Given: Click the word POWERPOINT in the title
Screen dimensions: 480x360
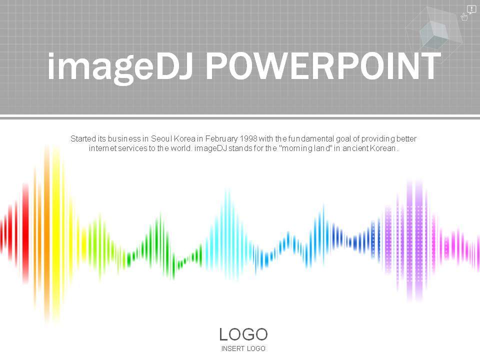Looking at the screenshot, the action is tap(323, 65).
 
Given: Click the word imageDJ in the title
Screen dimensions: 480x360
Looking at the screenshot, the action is tap(120, 68).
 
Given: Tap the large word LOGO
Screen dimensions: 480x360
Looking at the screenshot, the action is tap(243, 334).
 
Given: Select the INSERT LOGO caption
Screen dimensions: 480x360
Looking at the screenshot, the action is tap(243, 348).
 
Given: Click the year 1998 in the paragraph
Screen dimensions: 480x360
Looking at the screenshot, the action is tap(248, 138).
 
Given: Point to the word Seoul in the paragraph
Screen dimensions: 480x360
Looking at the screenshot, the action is tap(161, 138).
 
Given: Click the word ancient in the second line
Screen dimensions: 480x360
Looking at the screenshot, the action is tap(355, 148).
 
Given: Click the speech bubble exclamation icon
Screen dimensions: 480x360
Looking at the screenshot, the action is tap(471, 9).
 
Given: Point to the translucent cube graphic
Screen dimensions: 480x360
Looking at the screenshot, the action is tap(434, 35).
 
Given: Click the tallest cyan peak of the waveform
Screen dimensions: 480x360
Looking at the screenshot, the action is tap(227, 234).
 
